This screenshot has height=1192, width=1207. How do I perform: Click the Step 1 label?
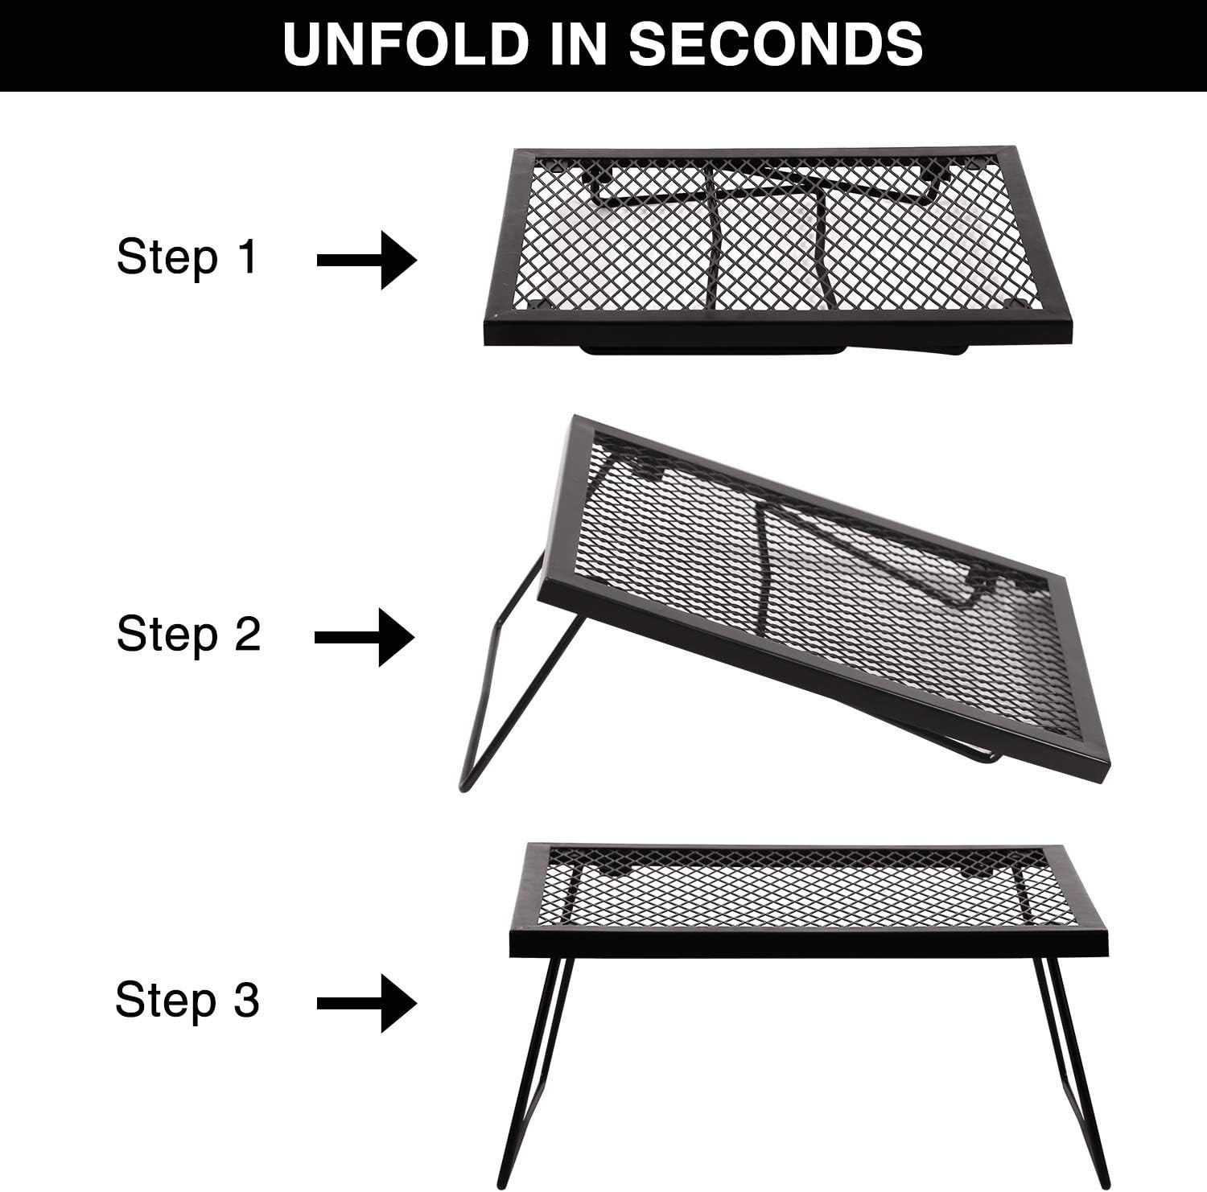187,257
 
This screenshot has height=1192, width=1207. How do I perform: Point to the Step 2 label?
188,634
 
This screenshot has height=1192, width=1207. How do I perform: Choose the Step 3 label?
187,1000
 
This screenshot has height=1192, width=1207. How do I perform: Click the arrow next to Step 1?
368,260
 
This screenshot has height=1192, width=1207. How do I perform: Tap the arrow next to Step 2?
365,637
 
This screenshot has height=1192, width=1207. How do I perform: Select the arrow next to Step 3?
368,1003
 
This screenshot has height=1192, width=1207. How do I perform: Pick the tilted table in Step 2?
821,595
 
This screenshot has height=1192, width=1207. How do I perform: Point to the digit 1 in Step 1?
247,257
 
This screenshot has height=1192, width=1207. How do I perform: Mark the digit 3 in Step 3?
246,1000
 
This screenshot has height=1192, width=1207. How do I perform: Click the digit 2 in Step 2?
247,634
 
